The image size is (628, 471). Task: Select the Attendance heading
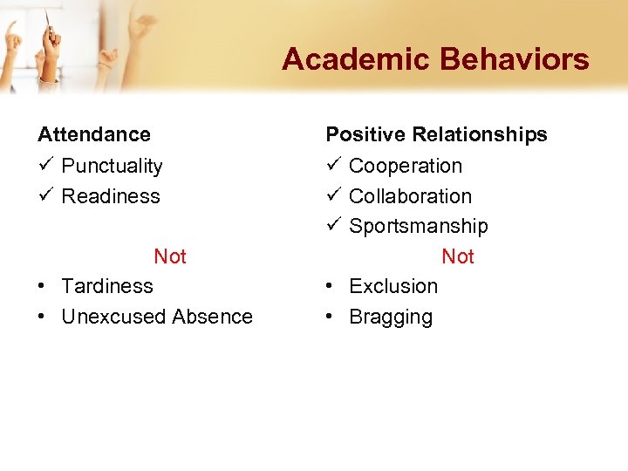94,134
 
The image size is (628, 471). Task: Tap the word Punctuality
112,166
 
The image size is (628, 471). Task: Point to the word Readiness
111,196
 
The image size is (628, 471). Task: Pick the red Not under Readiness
170,256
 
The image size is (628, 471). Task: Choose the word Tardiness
107,286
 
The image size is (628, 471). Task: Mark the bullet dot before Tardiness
42,287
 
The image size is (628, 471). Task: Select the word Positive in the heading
365,134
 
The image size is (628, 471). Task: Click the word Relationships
480,134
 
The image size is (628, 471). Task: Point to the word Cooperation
406,166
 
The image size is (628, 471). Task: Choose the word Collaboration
410,196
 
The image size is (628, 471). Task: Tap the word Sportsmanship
419,227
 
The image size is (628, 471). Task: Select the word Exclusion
393,286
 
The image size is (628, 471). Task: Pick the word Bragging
391,317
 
